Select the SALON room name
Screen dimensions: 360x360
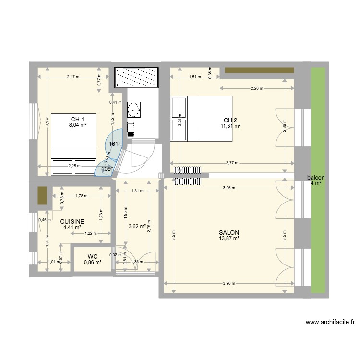(x=229, y=232)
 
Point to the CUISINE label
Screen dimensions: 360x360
(x=72, y=221)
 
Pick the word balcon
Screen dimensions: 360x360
(x=315, y=178)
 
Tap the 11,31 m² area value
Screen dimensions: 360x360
(x=230, y=126)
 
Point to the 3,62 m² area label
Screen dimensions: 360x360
(x=137, y=227)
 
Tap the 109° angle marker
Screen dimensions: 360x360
(x=107, y=168)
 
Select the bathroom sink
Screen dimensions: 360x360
(x=133, y=109)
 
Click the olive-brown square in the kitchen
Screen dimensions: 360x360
(x=42, y=195)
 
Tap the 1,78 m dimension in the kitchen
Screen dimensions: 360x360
(x=83, y=196)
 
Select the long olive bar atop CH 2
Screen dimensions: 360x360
(x=259, y=71)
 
